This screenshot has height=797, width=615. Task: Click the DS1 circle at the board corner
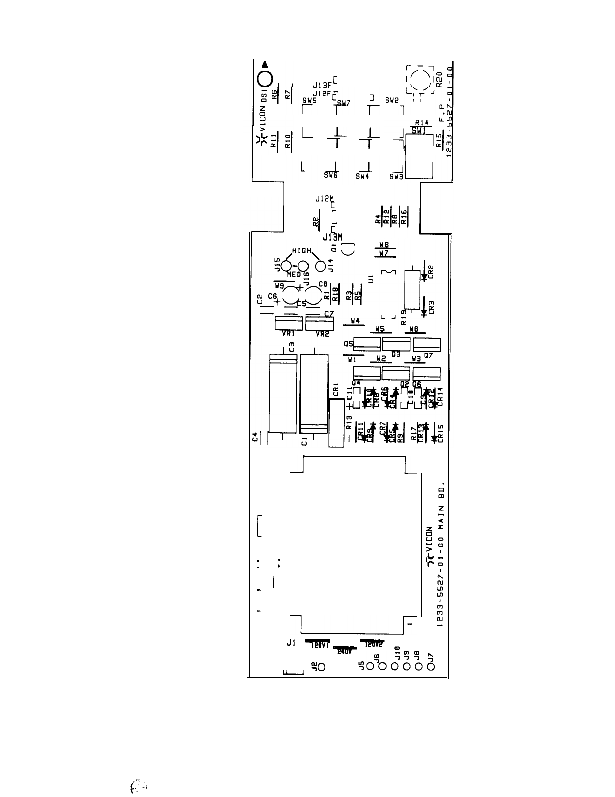pyautogui.click(x=265, y=78)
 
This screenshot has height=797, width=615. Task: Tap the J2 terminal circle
pyautogui.click(x=321, y=668)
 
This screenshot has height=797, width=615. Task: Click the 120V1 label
pyautogui.click(x=319, y=645)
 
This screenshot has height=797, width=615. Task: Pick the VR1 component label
pyautogui.click(x=288, y=334)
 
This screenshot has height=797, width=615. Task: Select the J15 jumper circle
pyautogui.click(x=286, y=266)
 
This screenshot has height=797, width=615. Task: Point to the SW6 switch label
pyautogui.click(x=331, y=175)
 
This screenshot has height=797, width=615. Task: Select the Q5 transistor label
pyautogui.click(x=348, y=344)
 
